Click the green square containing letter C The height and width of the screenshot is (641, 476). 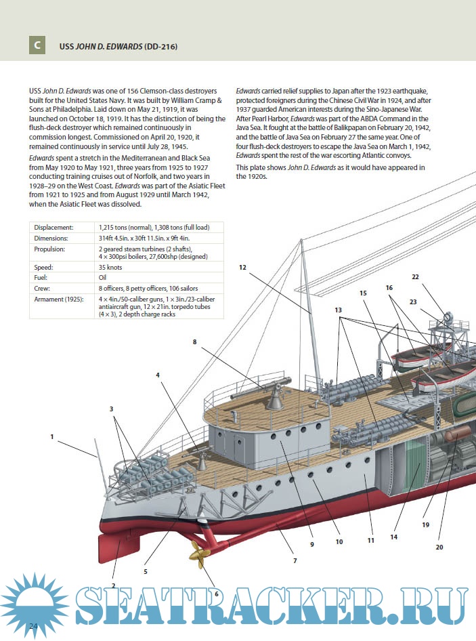[37, 45]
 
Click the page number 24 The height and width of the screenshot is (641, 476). [33, 627]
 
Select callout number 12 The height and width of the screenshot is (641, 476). [242, 268]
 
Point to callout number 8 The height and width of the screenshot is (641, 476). [194, 342]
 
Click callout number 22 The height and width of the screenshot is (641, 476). [415, 276]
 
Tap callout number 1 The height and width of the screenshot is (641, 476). [51, 437]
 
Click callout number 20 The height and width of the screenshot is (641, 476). [439, 546]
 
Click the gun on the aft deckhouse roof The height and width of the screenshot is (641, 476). [272, 392]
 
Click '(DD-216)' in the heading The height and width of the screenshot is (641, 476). [160, 46]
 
